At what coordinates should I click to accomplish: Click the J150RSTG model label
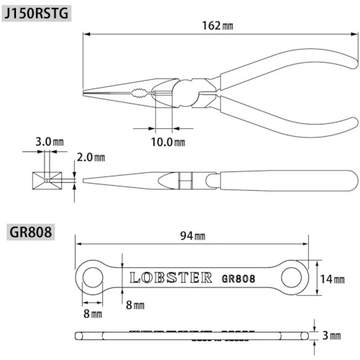click(x=37, y=14)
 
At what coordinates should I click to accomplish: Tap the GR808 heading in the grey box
click(x=31, y=232)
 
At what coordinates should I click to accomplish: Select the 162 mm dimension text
click(x=217, y=26)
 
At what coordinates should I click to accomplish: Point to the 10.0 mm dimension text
click(x=168, y=142)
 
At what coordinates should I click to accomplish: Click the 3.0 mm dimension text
click(x=50, y=142)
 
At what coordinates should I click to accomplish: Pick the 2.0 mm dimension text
click(x=91, y=157)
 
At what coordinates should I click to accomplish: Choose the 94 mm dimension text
click(x=193, y=235)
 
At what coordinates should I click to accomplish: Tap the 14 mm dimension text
click(x=333, y=279)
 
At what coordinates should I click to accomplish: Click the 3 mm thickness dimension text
click(x=332, y=336)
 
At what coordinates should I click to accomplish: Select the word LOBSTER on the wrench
click(x=171, y=278)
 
